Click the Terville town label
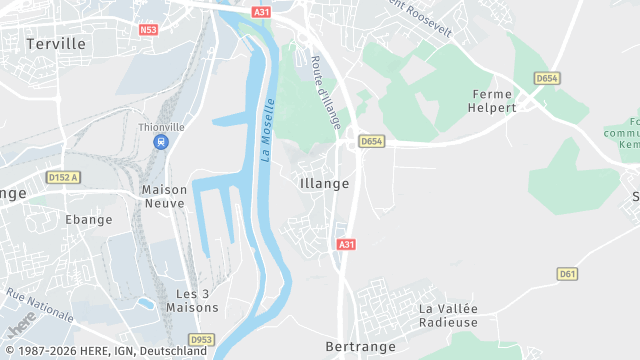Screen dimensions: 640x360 tap(56, 44)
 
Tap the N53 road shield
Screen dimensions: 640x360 tap(149, 30)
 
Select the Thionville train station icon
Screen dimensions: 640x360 tap(160, 142)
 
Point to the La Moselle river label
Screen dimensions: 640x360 tap(268, 130)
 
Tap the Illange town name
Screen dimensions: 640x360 tap(324, 183)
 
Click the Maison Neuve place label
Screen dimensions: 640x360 tap(163, 195)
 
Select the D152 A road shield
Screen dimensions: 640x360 tap(63, 177)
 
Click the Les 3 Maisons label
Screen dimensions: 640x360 tap(198, 301)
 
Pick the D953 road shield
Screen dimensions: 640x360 tap(201, 339)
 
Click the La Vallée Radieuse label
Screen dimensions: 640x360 tap(448, 315)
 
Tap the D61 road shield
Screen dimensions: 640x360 tap(568, 273)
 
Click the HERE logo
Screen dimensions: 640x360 tap(21, 322)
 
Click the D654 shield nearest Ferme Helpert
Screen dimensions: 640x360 tap(546, 78)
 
